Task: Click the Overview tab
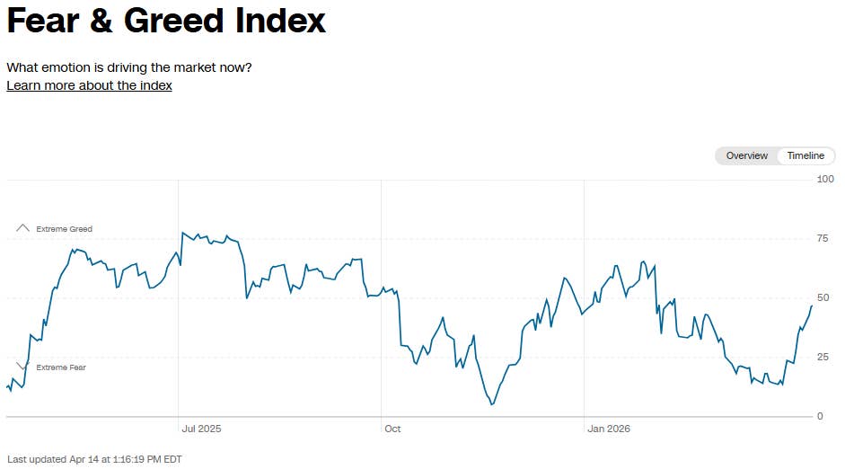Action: [x=746, y=155]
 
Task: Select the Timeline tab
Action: [x=805, y=155]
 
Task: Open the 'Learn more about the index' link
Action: [x=89, y=85]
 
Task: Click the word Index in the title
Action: [x=280, y=21]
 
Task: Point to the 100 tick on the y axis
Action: [x=825, y=180]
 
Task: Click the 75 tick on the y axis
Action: [x=823, y=238]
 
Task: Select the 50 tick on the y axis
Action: [x=823, y=297]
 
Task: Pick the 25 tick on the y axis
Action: [x=823, y=358]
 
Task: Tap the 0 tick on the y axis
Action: [x=819, y=417]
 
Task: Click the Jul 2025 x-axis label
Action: [x=200, y=429]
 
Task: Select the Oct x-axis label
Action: [x=392, y=429]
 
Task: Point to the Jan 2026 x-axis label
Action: [x=609, y=429]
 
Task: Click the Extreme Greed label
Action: [x=64, y=229]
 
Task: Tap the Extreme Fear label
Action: [x=61, y=367]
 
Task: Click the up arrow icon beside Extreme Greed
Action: [x=23, y=228]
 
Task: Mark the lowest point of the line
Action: [x=492, y=404]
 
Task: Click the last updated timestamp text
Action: [x=94, y=459]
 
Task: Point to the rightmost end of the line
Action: [x=812, y=306]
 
